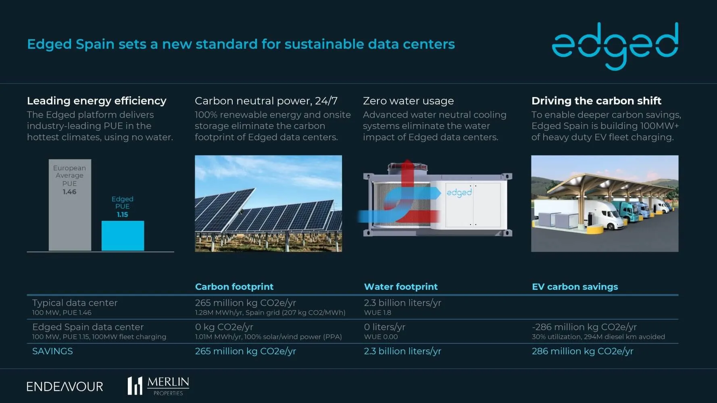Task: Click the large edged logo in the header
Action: pyautogui.click(x=615, y=45)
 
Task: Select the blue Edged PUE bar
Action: pyautogui.click(x=123, y=236)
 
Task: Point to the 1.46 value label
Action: pyautogui.click(x=69, y=192)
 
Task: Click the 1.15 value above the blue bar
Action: pyautogui.click(x=122, y=214)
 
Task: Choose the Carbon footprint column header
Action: pyautogui.click(x=234, y=287)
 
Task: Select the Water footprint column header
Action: pyautogui.click(x=400, y=287)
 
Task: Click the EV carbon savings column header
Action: pyautogui.click(x=575, y=287)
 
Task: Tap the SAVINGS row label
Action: pyautogui.click(x=52, y=351)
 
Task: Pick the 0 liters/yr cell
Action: pyautogui.click(x=384, y=327)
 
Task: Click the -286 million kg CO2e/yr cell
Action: pyautogui.click(x=584, y=327)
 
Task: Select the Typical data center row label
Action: pyautogui.click(x=75, y=303)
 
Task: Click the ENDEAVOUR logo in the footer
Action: pyautogui.click(x=65, y=386)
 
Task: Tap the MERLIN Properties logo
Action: pyautogui.click(x=158, y=386)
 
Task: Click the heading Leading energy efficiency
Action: pyautogui.click(x=96, y=101)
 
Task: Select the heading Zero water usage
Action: pyautogui.click(x=408, y=101)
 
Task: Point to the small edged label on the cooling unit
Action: pyautogui.click(x=459, y=193)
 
